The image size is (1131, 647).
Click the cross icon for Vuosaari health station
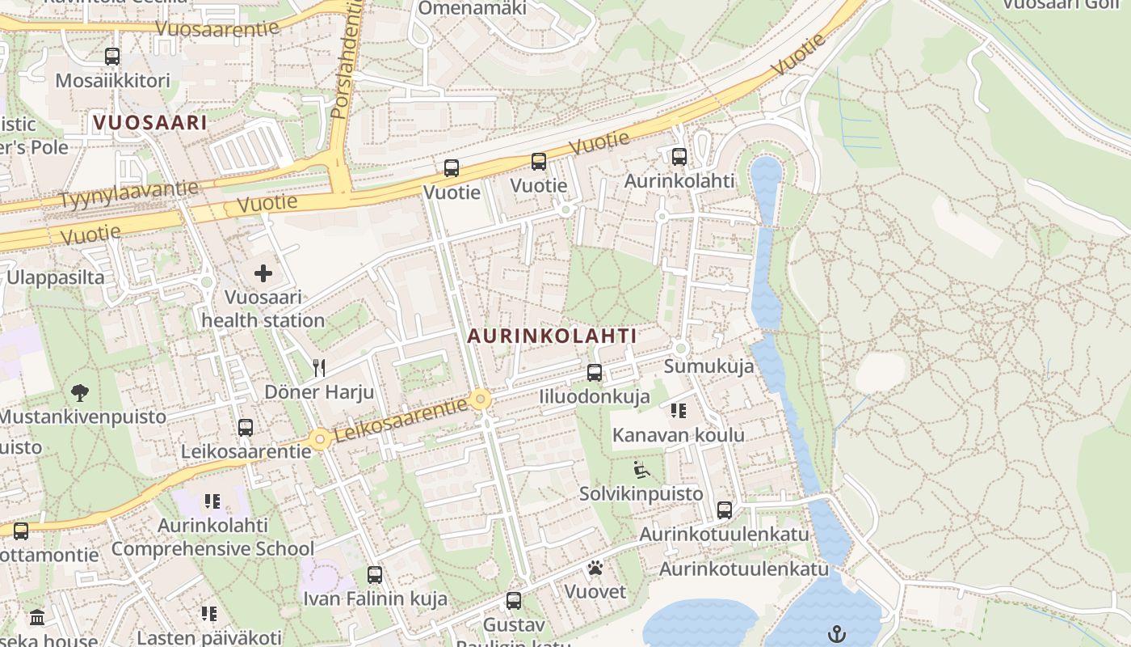pos(263,273)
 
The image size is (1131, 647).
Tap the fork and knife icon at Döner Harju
pos(319,369)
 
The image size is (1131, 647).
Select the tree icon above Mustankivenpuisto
pos(80,393)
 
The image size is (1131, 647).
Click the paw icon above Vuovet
pos(595,568)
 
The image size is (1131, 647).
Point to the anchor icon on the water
pos(836,633)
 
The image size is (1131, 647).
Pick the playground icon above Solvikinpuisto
pos(641,470)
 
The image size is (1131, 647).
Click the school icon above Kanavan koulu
pos(678,411)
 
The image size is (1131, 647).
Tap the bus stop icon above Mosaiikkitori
pos(112,57)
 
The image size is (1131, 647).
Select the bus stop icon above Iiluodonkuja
pos(595,373)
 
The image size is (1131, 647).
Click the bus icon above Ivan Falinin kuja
pos(375,575)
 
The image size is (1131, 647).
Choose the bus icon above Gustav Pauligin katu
pos(514,601)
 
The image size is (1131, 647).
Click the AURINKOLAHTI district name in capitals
pos(552,336)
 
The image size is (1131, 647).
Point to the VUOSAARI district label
pos(149,123)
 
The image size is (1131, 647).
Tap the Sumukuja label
pos(708,366)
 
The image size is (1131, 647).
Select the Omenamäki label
pos(472,8)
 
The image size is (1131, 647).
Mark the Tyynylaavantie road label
pos(129,194)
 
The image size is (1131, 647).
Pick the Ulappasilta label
pos(55,277)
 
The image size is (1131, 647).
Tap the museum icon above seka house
pos(37,618)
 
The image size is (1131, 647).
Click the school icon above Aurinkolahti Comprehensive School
pos(212,501)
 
